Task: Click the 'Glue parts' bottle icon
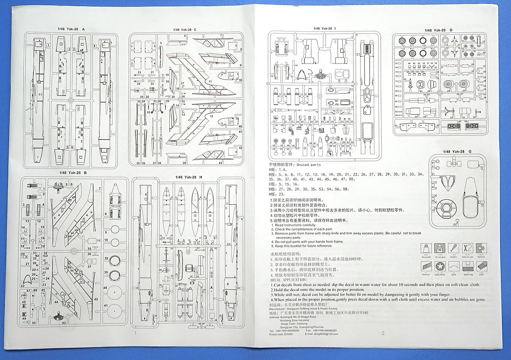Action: click(x=426, y=249)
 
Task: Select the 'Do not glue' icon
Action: click(x=440, y=249)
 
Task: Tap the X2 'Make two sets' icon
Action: click(x=468, y=249)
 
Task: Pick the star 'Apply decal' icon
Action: click(x=440, y=266)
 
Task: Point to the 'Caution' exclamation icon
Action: click(x=454, y=249)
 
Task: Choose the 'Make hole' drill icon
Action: click(x=468, y=266)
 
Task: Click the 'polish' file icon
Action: click(x=481, y=266)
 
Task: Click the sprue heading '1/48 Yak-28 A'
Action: click(x=71, y=29)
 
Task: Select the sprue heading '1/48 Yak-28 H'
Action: click(x=188, y=177)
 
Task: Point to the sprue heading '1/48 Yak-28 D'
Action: click(x=438, y=30)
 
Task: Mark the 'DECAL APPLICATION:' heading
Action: click(x=288, y=280)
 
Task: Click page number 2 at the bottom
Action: click(x=383, y=333)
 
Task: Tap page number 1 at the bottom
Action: click(x=135, y=333)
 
